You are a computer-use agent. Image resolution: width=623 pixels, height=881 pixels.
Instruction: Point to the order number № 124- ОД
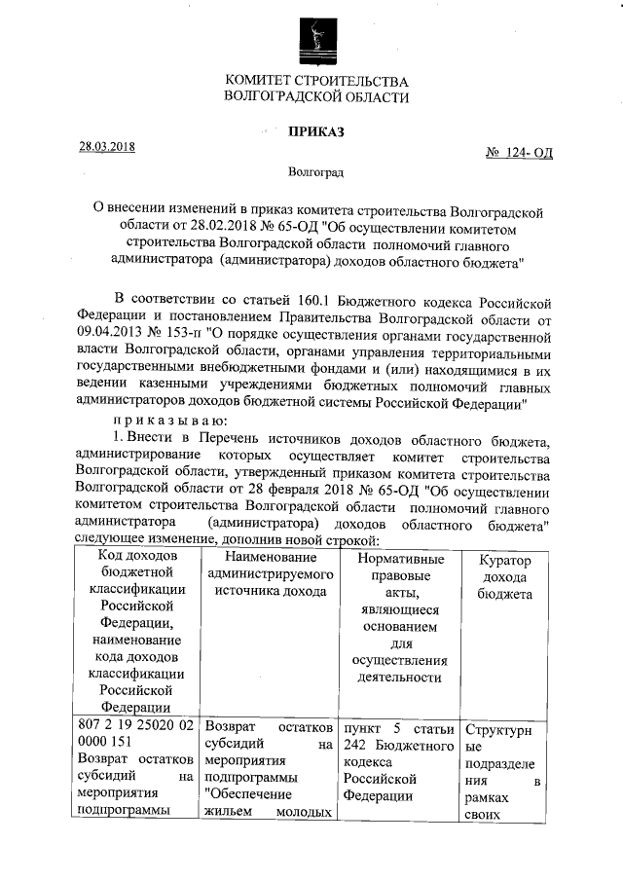click(x=518, y=154)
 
